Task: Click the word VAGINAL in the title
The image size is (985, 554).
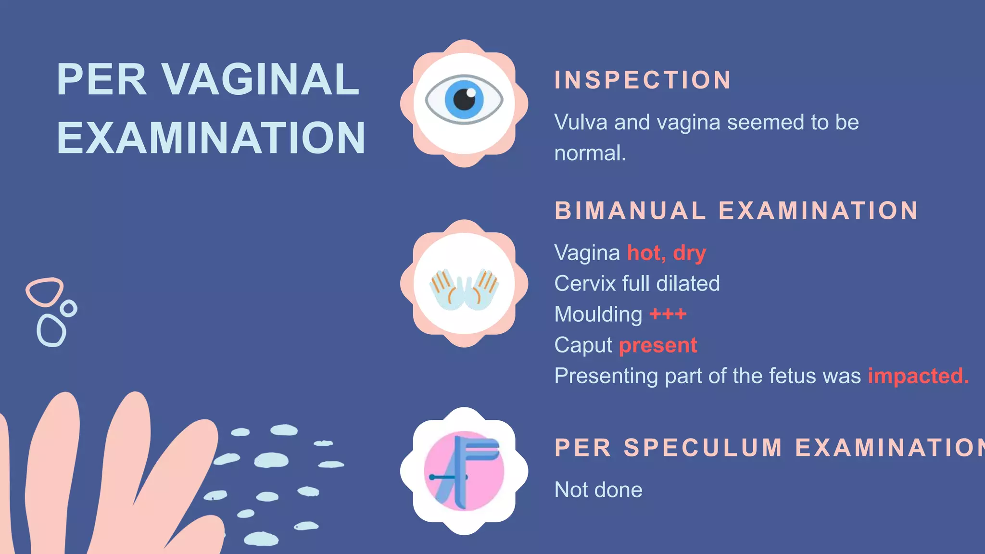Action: (260, 79)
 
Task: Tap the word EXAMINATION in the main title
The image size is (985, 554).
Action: (211, 138)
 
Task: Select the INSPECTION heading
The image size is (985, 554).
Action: (643, 80)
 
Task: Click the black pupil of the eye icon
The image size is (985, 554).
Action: (464, 99)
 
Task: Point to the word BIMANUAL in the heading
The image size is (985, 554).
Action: (630, 211)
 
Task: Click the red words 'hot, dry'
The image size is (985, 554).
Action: (666, 253)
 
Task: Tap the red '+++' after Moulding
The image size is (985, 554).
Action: (668, 315)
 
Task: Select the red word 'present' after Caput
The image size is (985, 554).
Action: (657, 345)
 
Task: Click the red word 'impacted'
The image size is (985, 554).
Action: (918, 376)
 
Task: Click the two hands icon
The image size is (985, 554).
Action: (464, 289)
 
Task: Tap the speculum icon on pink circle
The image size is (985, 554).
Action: (464, 471)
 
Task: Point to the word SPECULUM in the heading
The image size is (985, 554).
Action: (703, 448)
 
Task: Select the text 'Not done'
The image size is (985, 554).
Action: (598, 490)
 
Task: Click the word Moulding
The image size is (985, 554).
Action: (598, 315)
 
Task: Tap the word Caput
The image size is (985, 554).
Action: (583, 345)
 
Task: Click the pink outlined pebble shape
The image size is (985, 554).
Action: (44, 291)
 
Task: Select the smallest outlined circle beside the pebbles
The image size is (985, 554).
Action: (69, 308)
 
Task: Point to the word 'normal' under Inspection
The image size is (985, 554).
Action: (589, 153)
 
